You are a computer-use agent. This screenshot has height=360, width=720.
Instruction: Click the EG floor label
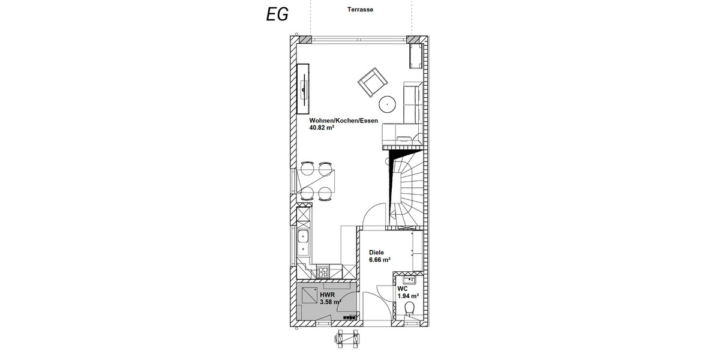(x=277, y=14)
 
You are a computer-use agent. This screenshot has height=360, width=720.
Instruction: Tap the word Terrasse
(x=360, y=10)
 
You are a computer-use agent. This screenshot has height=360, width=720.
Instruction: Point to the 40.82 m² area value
(x=322, y=128)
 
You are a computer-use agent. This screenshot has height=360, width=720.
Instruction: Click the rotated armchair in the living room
(x=371, y=83)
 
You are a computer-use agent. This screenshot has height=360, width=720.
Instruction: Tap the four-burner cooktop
(x=323, y=271)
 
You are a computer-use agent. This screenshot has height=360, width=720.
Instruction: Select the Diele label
(x=376, y=253)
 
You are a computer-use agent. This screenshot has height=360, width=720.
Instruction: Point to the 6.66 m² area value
(x=380, y=260)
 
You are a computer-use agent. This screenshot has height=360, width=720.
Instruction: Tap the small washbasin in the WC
(x=410, y=279)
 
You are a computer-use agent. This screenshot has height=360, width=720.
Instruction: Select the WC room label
(x=403, y=289)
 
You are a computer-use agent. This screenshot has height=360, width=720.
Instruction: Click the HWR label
(x=328, y=295)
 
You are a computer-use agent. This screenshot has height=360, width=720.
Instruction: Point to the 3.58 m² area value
(x=331, y=302)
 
